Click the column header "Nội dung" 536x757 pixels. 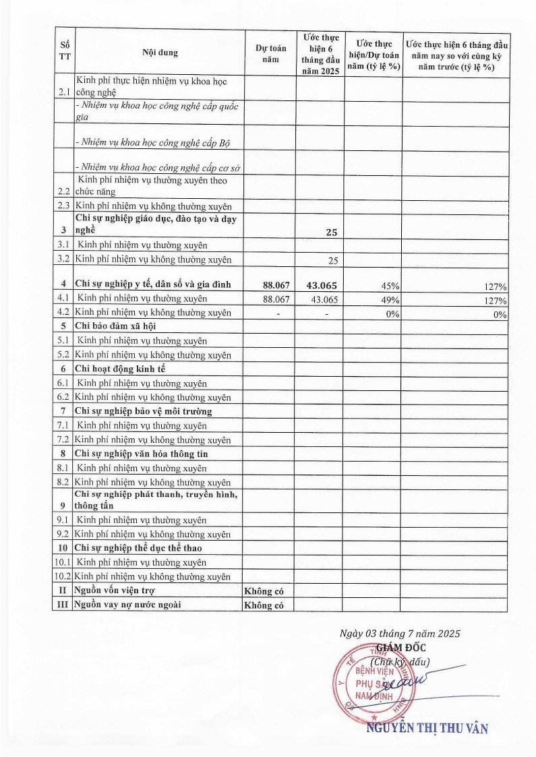tap(160, 52)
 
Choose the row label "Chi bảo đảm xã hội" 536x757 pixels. tap(116, 326)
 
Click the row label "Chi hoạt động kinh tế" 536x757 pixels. tap(120, 369)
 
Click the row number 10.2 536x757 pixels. tap(63, 576)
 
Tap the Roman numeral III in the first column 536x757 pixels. tap(63, 605)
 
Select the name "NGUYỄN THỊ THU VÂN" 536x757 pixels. tap(426, 728)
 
